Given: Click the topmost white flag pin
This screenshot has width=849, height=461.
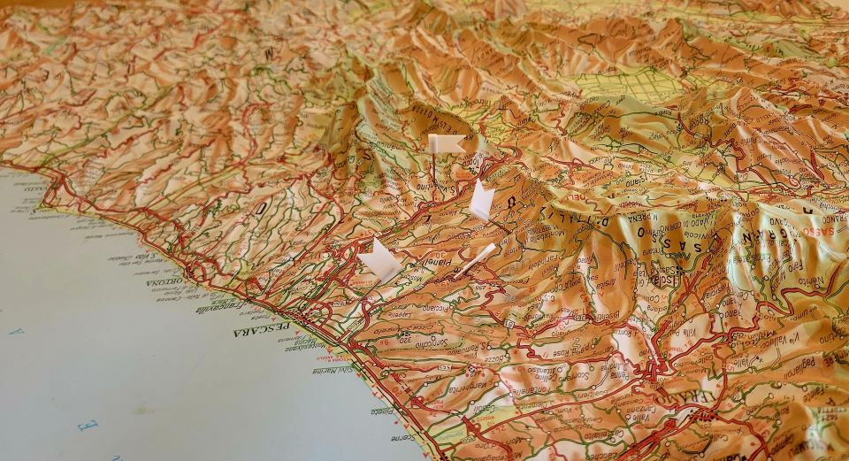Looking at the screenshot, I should tap(445, 143).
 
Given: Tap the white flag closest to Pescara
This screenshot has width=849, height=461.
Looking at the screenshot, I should tap(379, 260).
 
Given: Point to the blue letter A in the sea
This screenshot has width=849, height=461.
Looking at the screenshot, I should tap(15, 332).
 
